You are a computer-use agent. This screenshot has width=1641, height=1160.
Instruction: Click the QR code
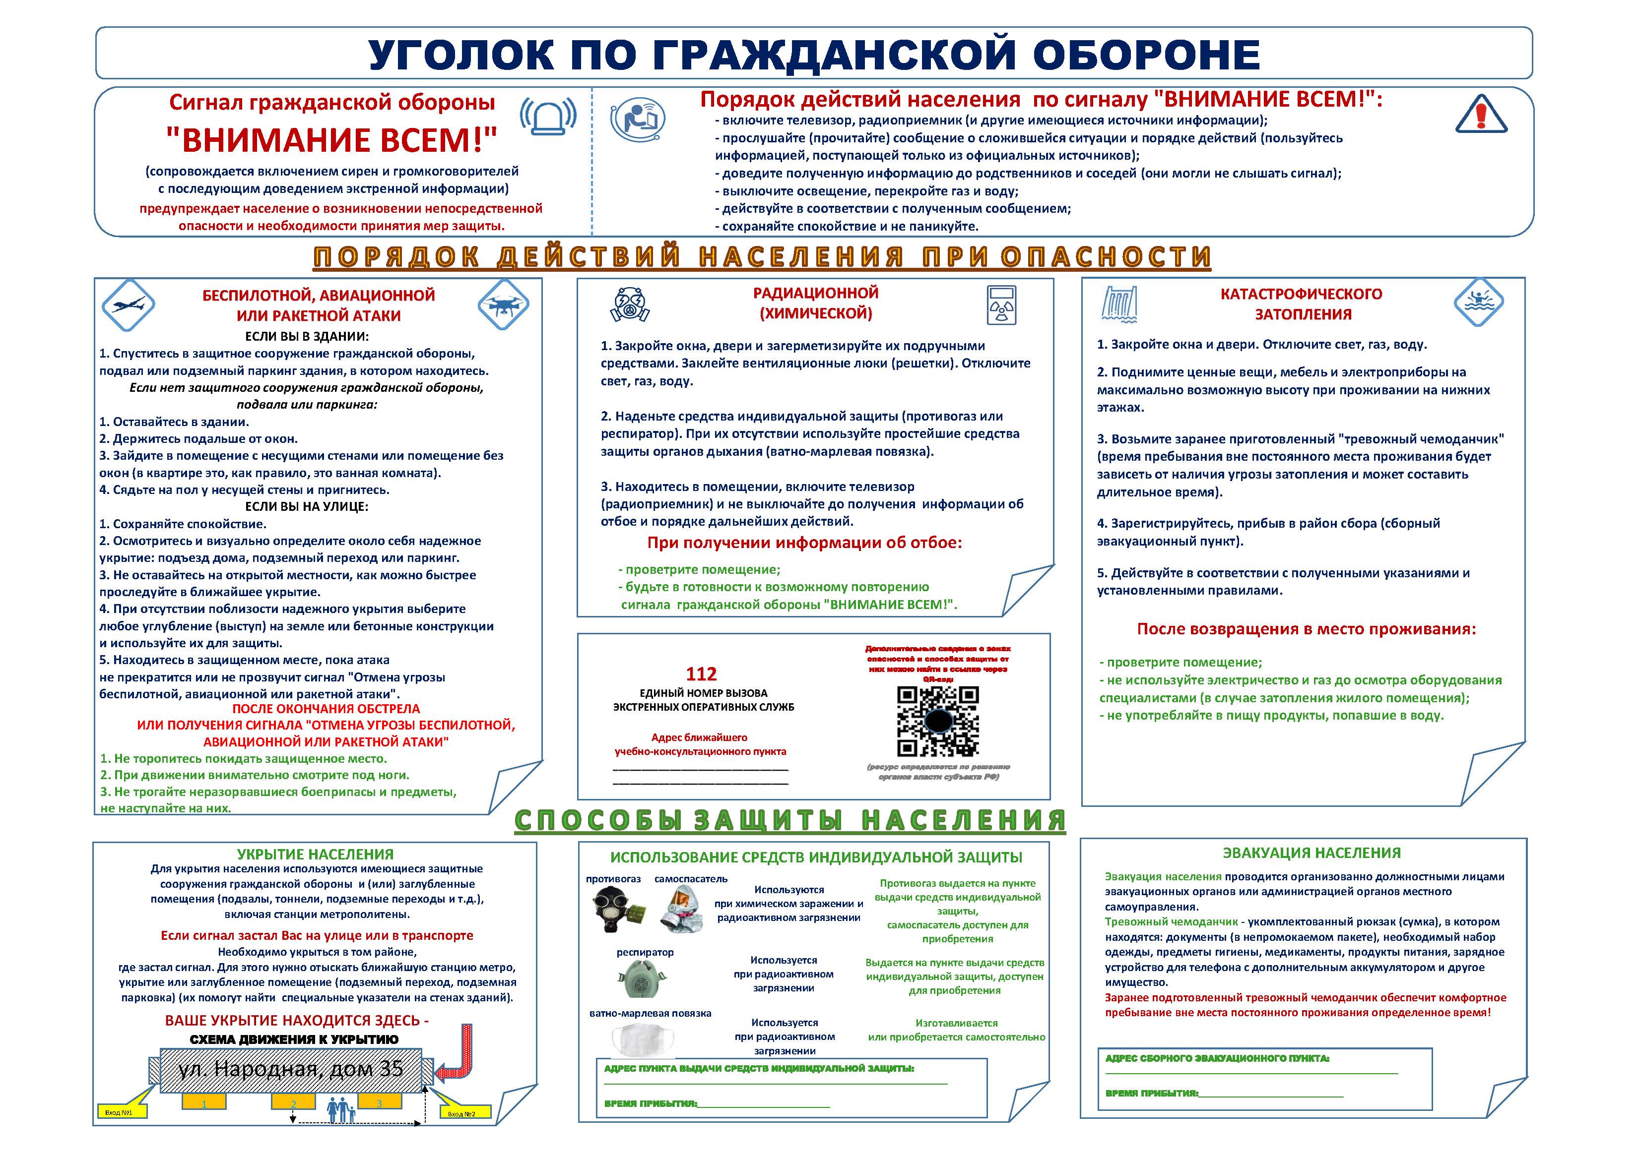pyautogui.click(x=938, y=722)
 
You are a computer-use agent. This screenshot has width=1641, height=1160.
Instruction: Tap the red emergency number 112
pyautogui.click(x=701, y=673)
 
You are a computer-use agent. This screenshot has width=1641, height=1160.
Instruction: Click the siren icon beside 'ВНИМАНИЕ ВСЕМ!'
pyautogui.click(x=548, y=115)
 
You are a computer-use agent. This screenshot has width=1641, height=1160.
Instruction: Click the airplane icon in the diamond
pyautogui.click(x=129, y=305)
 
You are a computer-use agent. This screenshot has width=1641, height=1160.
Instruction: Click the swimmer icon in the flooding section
pyautogui.click(x=1478, y=302)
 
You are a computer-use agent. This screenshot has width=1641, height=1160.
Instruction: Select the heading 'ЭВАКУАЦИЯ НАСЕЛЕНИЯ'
pyautogui.click(x=1312, y=853)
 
